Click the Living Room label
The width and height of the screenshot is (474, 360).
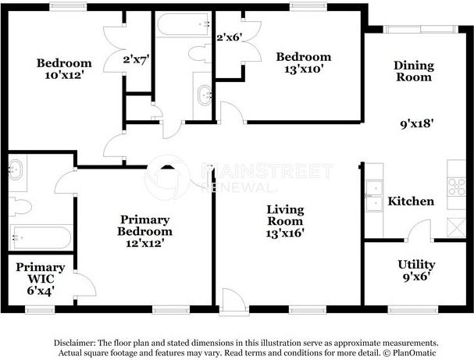click(284, 210)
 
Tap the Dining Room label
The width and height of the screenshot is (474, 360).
click(412, 72)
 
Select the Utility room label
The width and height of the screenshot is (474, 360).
click(416, 265)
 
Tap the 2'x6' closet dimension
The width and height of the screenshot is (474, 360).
click(230, 37)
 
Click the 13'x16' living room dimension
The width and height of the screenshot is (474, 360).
click(284, 232)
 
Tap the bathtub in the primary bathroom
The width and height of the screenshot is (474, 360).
click(41, 237)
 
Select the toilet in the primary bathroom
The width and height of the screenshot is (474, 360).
click(21, 207)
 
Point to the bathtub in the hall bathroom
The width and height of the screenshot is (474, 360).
click(180, 25)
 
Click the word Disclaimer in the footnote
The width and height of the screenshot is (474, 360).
click(75, 343)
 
